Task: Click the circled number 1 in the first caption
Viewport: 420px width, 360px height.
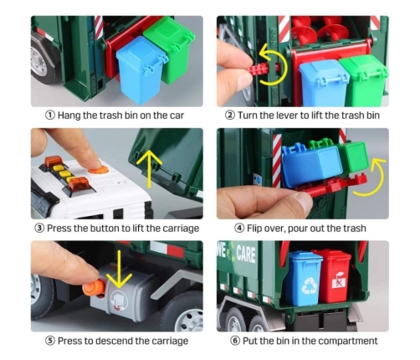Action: (50, 116)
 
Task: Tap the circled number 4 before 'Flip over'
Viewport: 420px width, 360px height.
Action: (239, 229)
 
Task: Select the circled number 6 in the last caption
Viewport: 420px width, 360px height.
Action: (235, 341)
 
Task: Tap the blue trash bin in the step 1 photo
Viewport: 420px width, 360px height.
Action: (141, 70)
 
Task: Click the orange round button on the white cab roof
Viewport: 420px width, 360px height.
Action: (99, 169)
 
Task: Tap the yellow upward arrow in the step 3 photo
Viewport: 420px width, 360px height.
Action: (150, 168)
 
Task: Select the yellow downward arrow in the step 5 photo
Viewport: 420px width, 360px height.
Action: (119, 270)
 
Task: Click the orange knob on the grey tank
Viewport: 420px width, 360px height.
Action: (94, 288)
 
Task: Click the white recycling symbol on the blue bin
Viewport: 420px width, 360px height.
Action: (308, 286)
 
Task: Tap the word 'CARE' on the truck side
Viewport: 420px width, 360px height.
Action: (246, 255)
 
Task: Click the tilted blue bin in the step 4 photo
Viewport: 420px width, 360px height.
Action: (312, 162)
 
